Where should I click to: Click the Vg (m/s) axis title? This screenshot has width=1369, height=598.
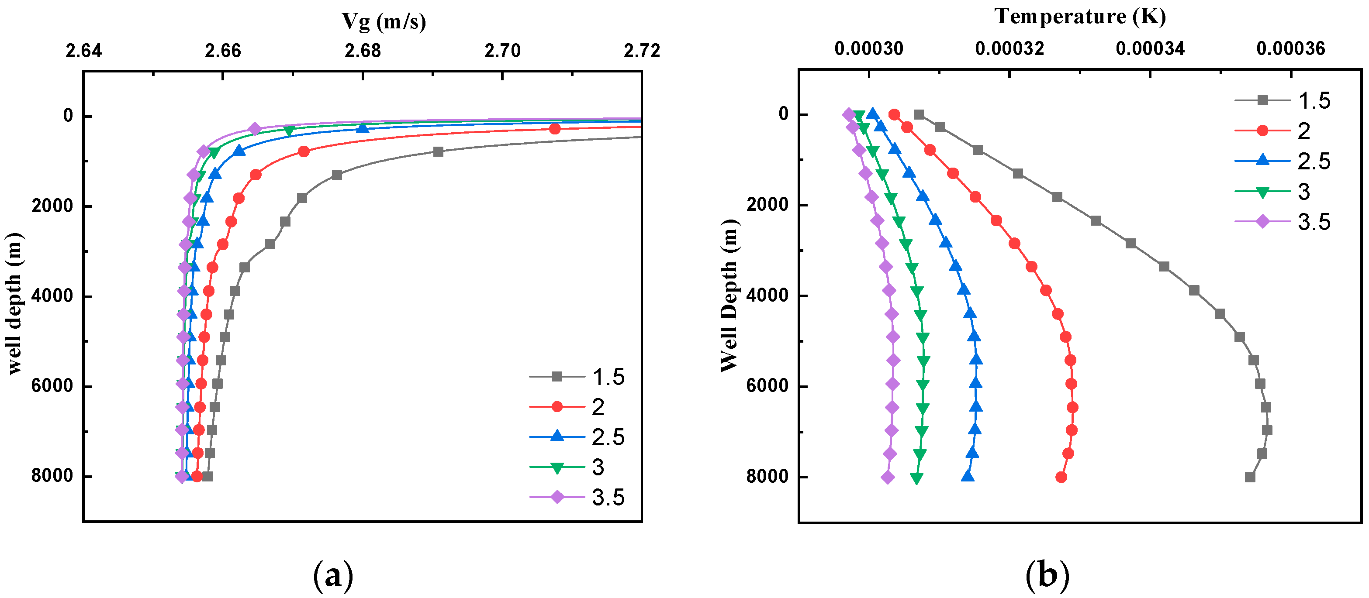pyautogui.click(x=384, y=21)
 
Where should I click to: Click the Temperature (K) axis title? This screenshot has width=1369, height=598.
pyautogui.click(x=1080, y=17)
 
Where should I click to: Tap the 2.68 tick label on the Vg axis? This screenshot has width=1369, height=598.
pyautogui.click(x=363, y=51)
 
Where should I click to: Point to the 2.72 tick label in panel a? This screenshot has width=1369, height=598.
pyautogui.click(x=641, y=51)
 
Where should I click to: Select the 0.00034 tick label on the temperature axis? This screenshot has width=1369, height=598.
pyautogui.click(x=1150, y=49)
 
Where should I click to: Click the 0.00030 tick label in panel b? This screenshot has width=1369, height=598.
pyautogui.click(x=869, y=49)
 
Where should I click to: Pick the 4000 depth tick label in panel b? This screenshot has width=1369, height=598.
pyautogui.click(x=768, y=295)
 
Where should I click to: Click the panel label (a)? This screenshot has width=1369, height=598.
pyautogui.click(x=333, y=575)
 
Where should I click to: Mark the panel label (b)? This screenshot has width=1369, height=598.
pyautogui.click(x=1047, y=575)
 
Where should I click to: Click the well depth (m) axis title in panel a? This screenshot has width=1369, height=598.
pyautogui.click(x=15, y=304)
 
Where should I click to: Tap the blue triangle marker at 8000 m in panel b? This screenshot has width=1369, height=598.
pyautogui.click(x=968, y=476)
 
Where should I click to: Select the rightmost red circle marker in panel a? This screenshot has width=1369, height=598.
pyautogui.click(x=554, y=128)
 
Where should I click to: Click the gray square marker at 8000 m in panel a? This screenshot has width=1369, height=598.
pyautogui.click(x=207, y=476)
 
